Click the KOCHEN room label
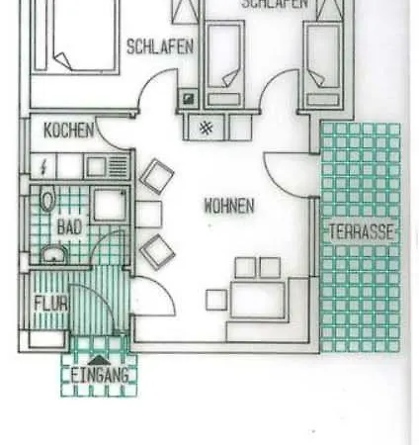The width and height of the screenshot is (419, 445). [x=69, y=131]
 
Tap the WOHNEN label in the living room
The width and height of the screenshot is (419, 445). [x=229, y=206]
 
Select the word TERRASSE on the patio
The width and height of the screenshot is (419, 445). [x=362, y=231]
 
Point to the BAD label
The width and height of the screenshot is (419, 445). [x=69, y=227]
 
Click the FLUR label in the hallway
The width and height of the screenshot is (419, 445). [x=51, y=304]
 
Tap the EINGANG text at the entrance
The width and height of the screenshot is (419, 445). [x=100, y=376]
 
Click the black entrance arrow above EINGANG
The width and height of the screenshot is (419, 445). [x=100, y=361]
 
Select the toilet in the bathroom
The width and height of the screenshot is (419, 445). [x=47, y=199]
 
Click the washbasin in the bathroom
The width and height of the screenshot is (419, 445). [x=54, y=254]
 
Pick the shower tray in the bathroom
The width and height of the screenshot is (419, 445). [x=110, y=205]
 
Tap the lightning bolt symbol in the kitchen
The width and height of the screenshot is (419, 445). [x=43, y=168]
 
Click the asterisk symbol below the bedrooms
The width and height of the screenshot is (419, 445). [x=207, y=128]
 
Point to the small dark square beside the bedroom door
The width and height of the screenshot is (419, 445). [x=189, y=99]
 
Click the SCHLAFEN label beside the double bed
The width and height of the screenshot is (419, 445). [x=160, y=46]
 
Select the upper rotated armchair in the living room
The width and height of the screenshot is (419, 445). [x=157, y=176]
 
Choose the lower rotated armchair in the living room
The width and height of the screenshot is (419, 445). [x=157, y=252]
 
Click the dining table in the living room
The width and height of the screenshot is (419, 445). [x=258, y=300]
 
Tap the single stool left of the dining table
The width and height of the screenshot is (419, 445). [x=216, y=300]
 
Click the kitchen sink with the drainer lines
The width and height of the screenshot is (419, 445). [x=107, y=167]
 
